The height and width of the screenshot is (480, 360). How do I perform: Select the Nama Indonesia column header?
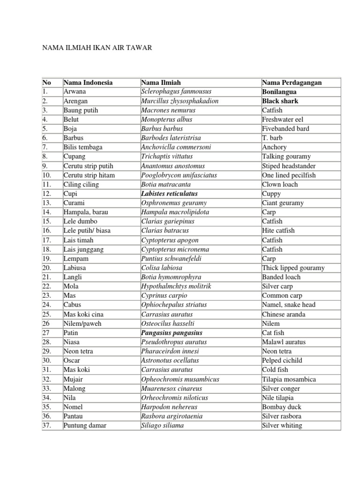pyautogui.click(x=88, y=82)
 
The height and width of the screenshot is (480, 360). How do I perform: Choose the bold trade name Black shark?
pyautogui.click(x=280, y=101)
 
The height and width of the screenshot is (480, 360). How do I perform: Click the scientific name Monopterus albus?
pyautogui.click(x=166, y=120)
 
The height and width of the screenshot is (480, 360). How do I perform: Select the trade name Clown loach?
pyautogui.click(x=280, y=184)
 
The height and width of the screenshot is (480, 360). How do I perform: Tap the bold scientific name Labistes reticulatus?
pyautogui.click(x=169, y=194)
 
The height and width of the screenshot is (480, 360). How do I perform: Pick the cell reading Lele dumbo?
pyautogui.click(x=79, y=221)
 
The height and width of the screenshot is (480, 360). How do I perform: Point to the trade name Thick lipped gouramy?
pyautogui.click(x=293, y=268)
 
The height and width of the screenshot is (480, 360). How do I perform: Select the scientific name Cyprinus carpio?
pyautogui.click(x=164, y=295)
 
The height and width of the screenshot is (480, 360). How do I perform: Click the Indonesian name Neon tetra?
pyautogui.click(x=78, y=351)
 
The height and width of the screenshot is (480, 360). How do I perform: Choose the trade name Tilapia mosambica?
pyautogui.click(x=289, y=379)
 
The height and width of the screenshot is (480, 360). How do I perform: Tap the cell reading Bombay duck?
pyautogui.click(x=282, y=407)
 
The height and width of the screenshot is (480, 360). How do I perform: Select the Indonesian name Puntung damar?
pyautogui.click(x=85, y=426)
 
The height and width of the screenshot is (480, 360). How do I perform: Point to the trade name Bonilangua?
pyautogui.click(x=279, y=91)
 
